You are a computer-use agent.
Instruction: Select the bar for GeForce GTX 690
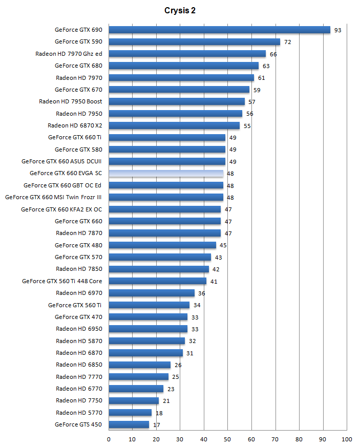pos(219,30)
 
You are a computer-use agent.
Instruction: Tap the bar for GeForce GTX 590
pos(194,41)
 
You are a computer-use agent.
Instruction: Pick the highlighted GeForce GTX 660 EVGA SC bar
pos(166,174)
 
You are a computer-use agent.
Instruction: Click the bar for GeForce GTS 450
pos(129,424)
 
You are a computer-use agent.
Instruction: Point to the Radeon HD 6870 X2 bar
pos(174,125)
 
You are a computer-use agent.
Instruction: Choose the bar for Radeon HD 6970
pos(152,293)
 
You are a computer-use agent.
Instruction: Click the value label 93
pos(337,30)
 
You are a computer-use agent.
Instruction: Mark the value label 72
pos(287,42)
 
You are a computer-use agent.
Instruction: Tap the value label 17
pos(156,425)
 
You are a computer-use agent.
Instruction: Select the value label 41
pos(214,282)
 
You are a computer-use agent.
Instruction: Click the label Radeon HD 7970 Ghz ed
pos(69,54)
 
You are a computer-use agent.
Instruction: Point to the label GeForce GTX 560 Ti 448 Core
pos(62,281)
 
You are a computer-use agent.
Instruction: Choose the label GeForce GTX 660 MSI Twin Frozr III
pos(53,197)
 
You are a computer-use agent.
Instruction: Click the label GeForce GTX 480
pos(78,245)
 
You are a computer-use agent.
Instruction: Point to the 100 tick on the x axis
pos(347,439)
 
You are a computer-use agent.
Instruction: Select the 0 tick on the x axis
pos(109,439)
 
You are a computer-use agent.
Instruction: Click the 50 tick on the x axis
pos(227,439)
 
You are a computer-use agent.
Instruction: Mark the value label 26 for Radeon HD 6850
pos(178,365)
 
